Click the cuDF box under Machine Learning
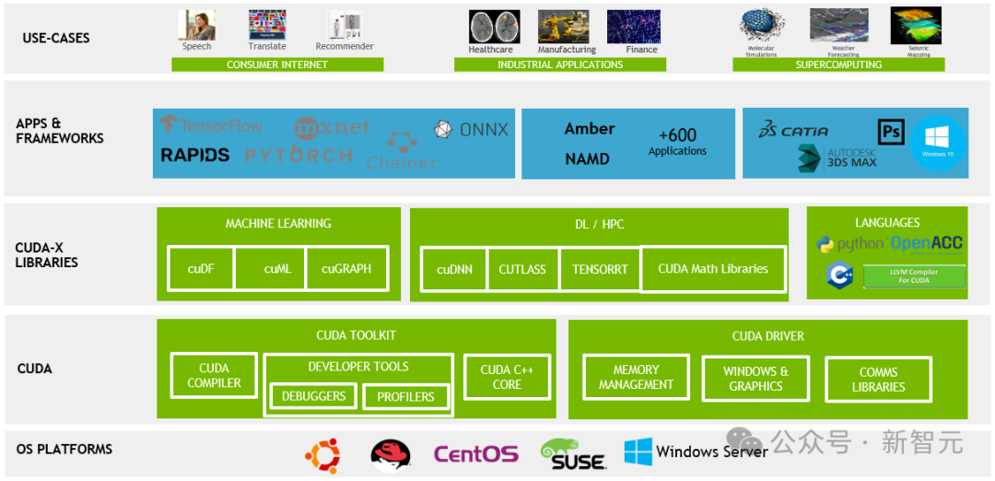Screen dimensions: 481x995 201,269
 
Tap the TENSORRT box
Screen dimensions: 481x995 600,269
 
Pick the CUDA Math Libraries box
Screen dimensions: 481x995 713,269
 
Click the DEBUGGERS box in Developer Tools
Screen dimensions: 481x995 313,396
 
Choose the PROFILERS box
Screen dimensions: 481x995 405,397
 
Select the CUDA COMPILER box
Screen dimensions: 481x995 214,376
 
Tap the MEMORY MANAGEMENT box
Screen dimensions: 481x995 636,378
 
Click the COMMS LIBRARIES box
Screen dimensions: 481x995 878,380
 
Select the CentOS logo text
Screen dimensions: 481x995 475,454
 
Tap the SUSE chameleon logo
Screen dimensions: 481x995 572,454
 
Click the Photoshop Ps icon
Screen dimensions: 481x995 891,132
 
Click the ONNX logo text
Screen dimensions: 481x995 471,130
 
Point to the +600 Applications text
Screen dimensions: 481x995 677,142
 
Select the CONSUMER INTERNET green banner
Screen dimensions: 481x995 277,65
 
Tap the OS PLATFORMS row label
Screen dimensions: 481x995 64,450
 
